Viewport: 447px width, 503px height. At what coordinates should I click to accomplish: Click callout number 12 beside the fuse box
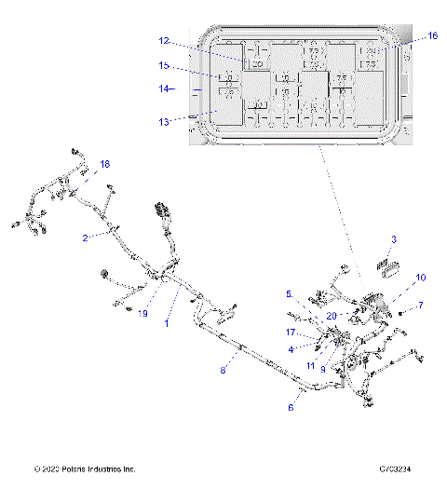click(x=163, y=41)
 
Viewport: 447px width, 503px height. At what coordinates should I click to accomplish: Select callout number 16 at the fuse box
click(x=431, y=35)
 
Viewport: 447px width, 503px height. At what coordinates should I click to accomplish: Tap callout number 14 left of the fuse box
click(x=163, y=89)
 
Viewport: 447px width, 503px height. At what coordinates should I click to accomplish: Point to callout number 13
click(x=163, y=121)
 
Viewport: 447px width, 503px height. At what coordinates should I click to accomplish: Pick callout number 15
click(x=163, y=66)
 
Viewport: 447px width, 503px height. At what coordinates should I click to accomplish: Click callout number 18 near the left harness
click(x=104, y=164)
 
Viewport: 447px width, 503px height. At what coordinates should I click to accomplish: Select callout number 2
click(x=85, y=238)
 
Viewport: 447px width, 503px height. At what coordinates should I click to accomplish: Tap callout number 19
click(x=143, y=314)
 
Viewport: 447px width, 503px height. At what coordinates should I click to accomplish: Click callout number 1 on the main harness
click(x=166, y=323)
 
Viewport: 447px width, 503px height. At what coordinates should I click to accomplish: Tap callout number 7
click(x=420, y=305)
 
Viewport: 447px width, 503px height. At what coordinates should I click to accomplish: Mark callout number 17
click(x=291, y=331)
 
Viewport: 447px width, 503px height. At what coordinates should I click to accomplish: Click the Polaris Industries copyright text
click(x=84, y=469)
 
